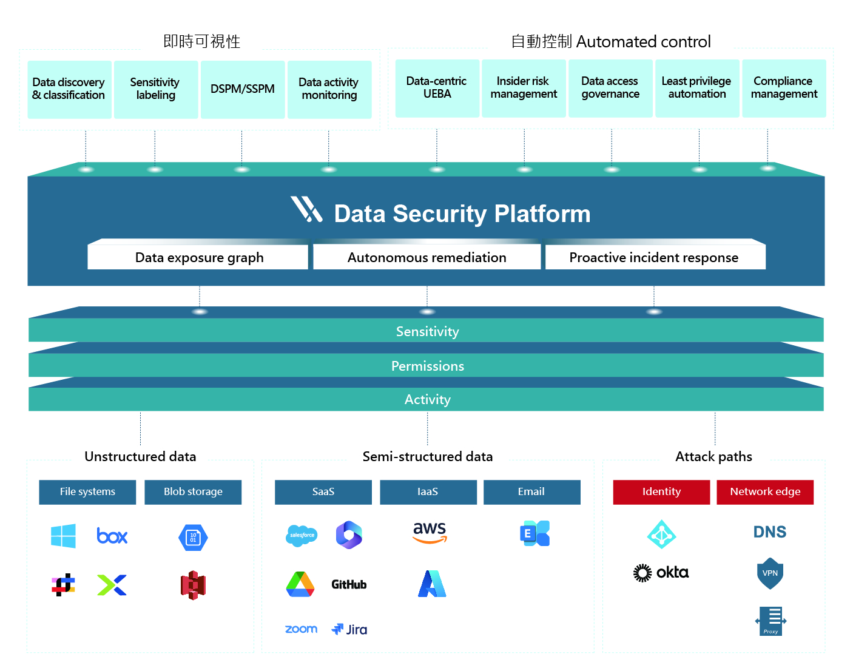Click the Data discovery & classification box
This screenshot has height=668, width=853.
(x=69, y=89)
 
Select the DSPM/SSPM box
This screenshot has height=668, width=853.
(x=242, y=89)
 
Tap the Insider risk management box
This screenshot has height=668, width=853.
(x=524, y=88)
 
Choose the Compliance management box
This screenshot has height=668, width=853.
(x=784, y=88)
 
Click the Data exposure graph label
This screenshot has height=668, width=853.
(x=199, y=257)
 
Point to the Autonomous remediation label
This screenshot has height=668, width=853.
(x=426, y=257)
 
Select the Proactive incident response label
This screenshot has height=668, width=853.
(x=654, y=257)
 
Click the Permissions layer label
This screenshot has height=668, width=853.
(x=427, y=366)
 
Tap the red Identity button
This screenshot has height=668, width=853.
(x=661, y=492)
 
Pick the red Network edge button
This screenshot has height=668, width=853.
(x=765, y=492)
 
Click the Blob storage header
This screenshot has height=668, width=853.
(x=193, y=492)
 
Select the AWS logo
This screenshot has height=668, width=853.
(x=430, y=532)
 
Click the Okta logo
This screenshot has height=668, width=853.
(x=661, y=572)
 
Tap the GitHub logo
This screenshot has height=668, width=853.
(x=349, y=584)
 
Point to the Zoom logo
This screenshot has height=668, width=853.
(x=301, y=629)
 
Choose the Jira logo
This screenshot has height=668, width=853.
(x=349, y=629)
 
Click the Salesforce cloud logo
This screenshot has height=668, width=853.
(x=302, y=535)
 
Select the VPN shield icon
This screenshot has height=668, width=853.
(x=770, y=573)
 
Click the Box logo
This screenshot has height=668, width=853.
(x=112, y=536)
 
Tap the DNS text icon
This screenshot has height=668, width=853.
(x=770, y=532)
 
